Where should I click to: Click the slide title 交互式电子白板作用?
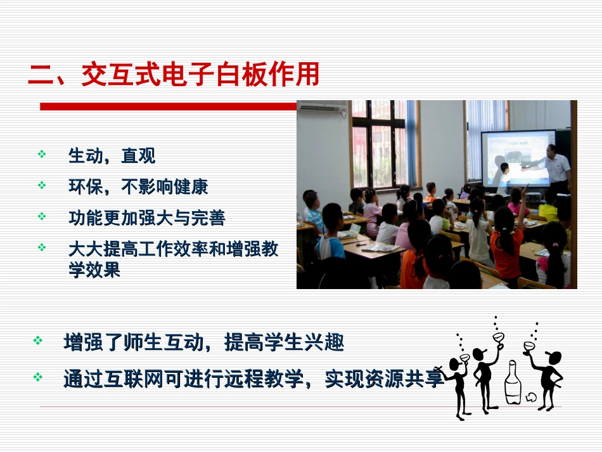point(200,75)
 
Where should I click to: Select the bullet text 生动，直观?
point(112,155)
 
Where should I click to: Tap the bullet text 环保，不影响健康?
point(138,186)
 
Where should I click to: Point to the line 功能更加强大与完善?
point(146,218)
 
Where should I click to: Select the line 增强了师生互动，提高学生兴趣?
point(203,343)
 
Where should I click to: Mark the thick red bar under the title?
point(168,106)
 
